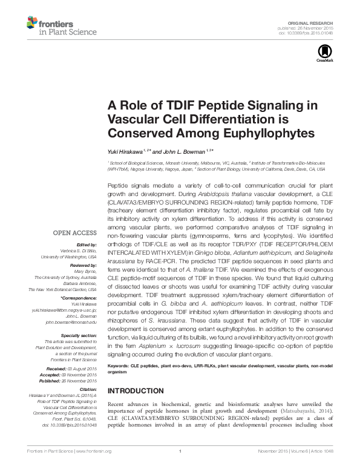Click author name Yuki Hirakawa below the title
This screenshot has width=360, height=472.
point(126,151)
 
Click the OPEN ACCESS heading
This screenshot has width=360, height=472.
point(75,232)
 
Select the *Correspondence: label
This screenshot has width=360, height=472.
point(79,298)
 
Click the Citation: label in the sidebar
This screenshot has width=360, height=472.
point(88,389)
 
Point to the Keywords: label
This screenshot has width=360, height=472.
point(120,367)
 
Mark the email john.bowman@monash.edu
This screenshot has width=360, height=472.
point(71,322)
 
